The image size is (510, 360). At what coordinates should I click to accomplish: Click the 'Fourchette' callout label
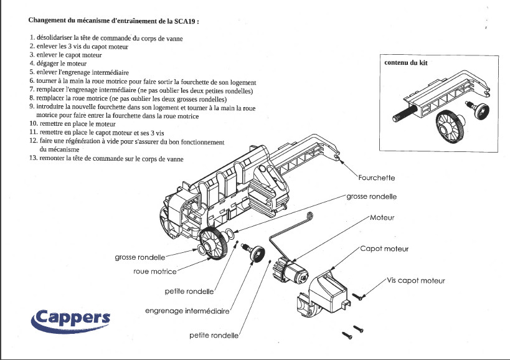[x=376, y=178]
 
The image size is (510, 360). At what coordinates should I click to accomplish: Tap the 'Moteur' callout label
[x=382, y=218]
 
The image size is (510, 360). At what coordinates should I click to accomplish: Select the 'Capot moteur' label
[x=384, y=249]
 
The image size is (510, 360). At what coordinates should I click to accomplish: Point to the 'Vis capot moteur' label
[x=416, y=281]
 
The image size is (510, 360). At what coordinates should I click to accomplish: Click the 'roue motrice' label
[x=155, y=272]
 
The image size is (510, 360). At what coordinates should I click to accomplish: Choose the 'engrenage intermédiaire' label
[x=187, y=310]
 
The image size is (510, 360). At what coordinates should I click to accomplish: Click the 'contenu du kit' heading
[x=405, y=63]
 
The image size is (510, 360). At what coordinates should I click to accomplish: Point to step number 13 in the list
[x=34, y=159]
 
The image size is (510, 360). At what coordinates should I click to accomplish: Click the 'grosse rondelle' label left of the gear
[x=139, y=257]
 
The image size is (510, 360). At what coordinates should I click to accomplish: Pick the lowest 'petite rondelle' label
[x=214, y=335]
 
